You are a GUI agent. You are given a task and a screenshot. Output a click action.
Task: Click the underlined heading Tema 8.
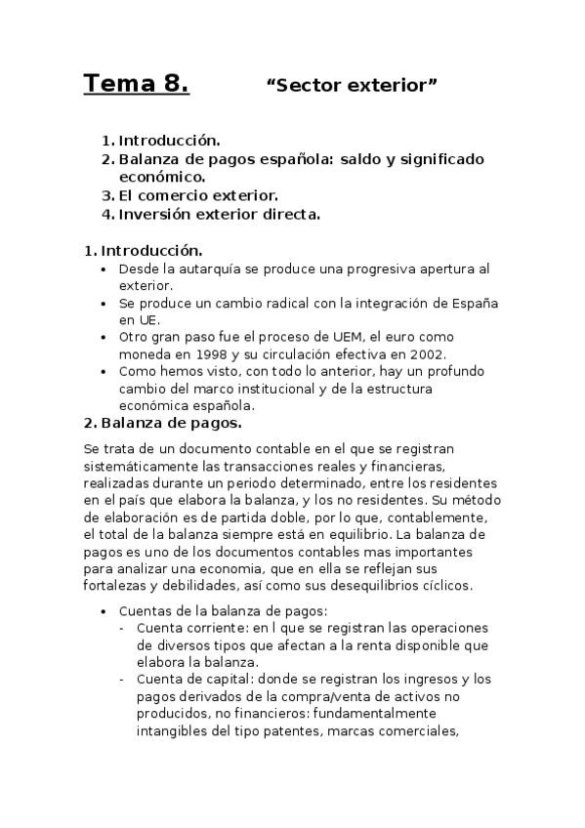tap(136, 85)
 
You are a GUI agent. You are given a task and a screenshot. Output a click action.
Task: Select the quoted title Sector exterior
tap(352, 86)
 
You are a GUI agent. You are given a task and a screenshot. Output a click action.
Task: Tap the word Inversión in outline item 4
tap(155, 213)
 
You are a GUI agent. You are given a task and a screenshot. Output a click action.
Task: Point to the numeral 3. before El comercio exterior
tap(108, 194)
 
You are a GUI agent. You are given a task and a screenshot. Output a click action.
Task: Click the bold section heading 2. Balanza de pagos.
tap(163, 424)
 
